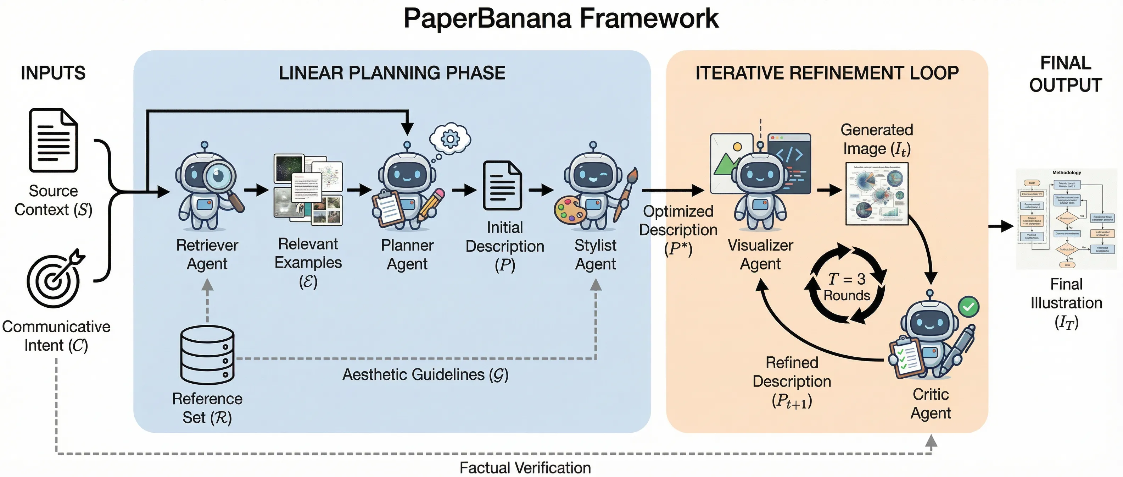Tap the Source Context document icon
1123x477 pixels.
[53, 141]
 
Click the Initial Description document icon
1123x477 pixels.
[502, 186]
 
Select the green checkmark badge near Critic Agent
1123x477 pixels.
[968, 307]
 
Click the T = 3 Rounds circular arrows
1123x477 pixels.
[847, 285]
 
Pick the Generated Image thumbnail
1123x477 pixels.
[877, 194]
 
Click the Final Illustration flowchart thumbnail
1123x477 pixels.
[1066, 218]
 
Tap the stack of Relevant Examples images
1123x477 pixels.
[308, 190]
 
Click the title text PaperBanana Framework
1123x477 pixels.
[561, 18]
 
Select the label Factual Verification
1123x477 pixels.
[525, 468]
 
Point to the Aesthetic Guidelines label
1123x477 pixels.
[425, 374]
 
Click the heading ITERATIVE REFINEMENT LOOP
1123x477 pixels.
[827, 73]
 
